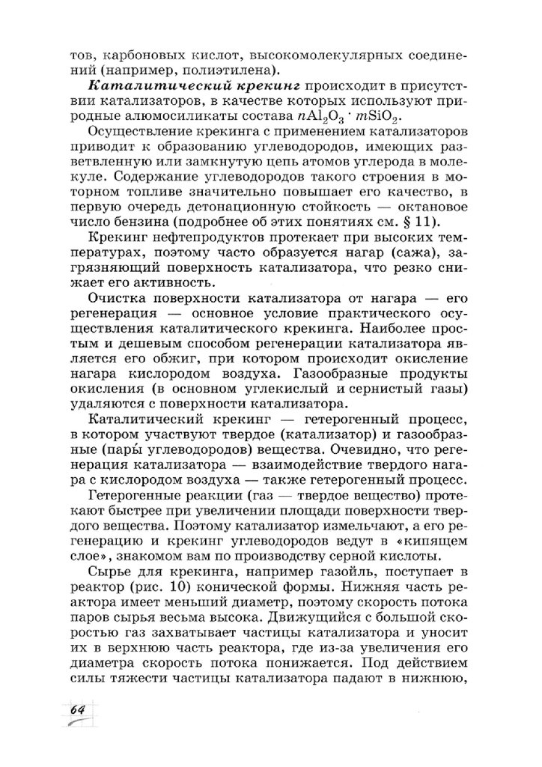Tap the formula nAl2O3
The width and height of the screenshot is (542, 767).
point(335,120)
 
